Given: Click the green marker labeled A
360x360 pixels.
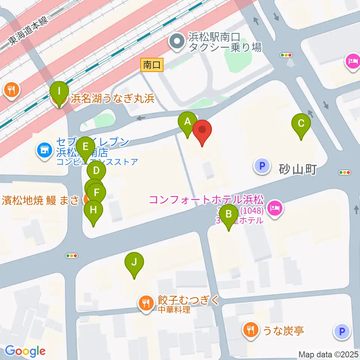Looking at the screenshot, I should pyautogui.click(x=187, y=122).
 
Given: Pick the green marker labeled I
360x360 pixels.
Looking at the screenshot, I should pyautogui.click(x=59, y=91).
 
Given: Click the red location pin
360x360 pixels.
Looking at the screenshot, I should pyautogui.click(x=202, y=130).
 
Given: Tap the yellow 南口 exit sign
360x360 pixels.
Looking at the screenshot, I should pyautogui.click(x=152, y=65).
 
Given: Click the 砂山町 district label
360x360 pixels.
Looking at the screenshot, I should pyautogui.click(x=298, y=170).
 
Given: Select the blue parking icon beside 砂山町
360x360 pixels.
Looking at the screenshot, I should pyautogui.click(x=262, y=165).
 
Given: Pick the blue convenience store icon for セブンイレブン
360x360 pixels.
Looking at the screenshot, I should pyautogui.click(x=44, y=151).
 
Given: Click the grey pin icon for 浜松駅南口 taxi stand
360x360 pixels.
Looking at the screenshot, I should pyautogui.click(x=176, y=42).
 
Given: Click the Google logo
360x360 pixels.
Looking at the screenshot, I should pyautogui.click(x=25, y=351).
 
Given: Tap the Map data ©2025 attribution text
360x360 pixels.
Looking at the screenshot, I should pyautogui.click(x=328, y=354).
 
